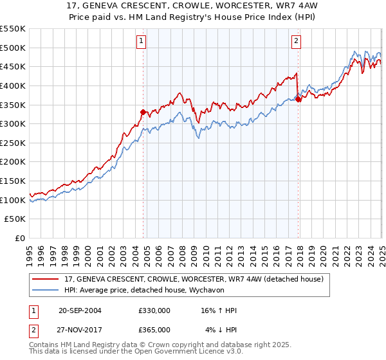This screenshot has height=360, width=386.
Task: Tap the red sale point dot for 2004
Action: coord(143,111)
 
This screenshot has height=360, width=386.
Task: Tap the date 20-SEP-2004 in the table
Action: coord(80,310)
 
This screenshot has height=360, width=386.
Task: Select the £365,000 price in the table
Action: coord(154,330)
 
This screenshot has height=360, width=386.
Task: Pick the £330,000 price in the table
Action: coord(154,310)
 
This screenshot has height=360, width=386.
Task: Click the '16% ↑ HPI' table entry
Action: coord(219,310)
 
